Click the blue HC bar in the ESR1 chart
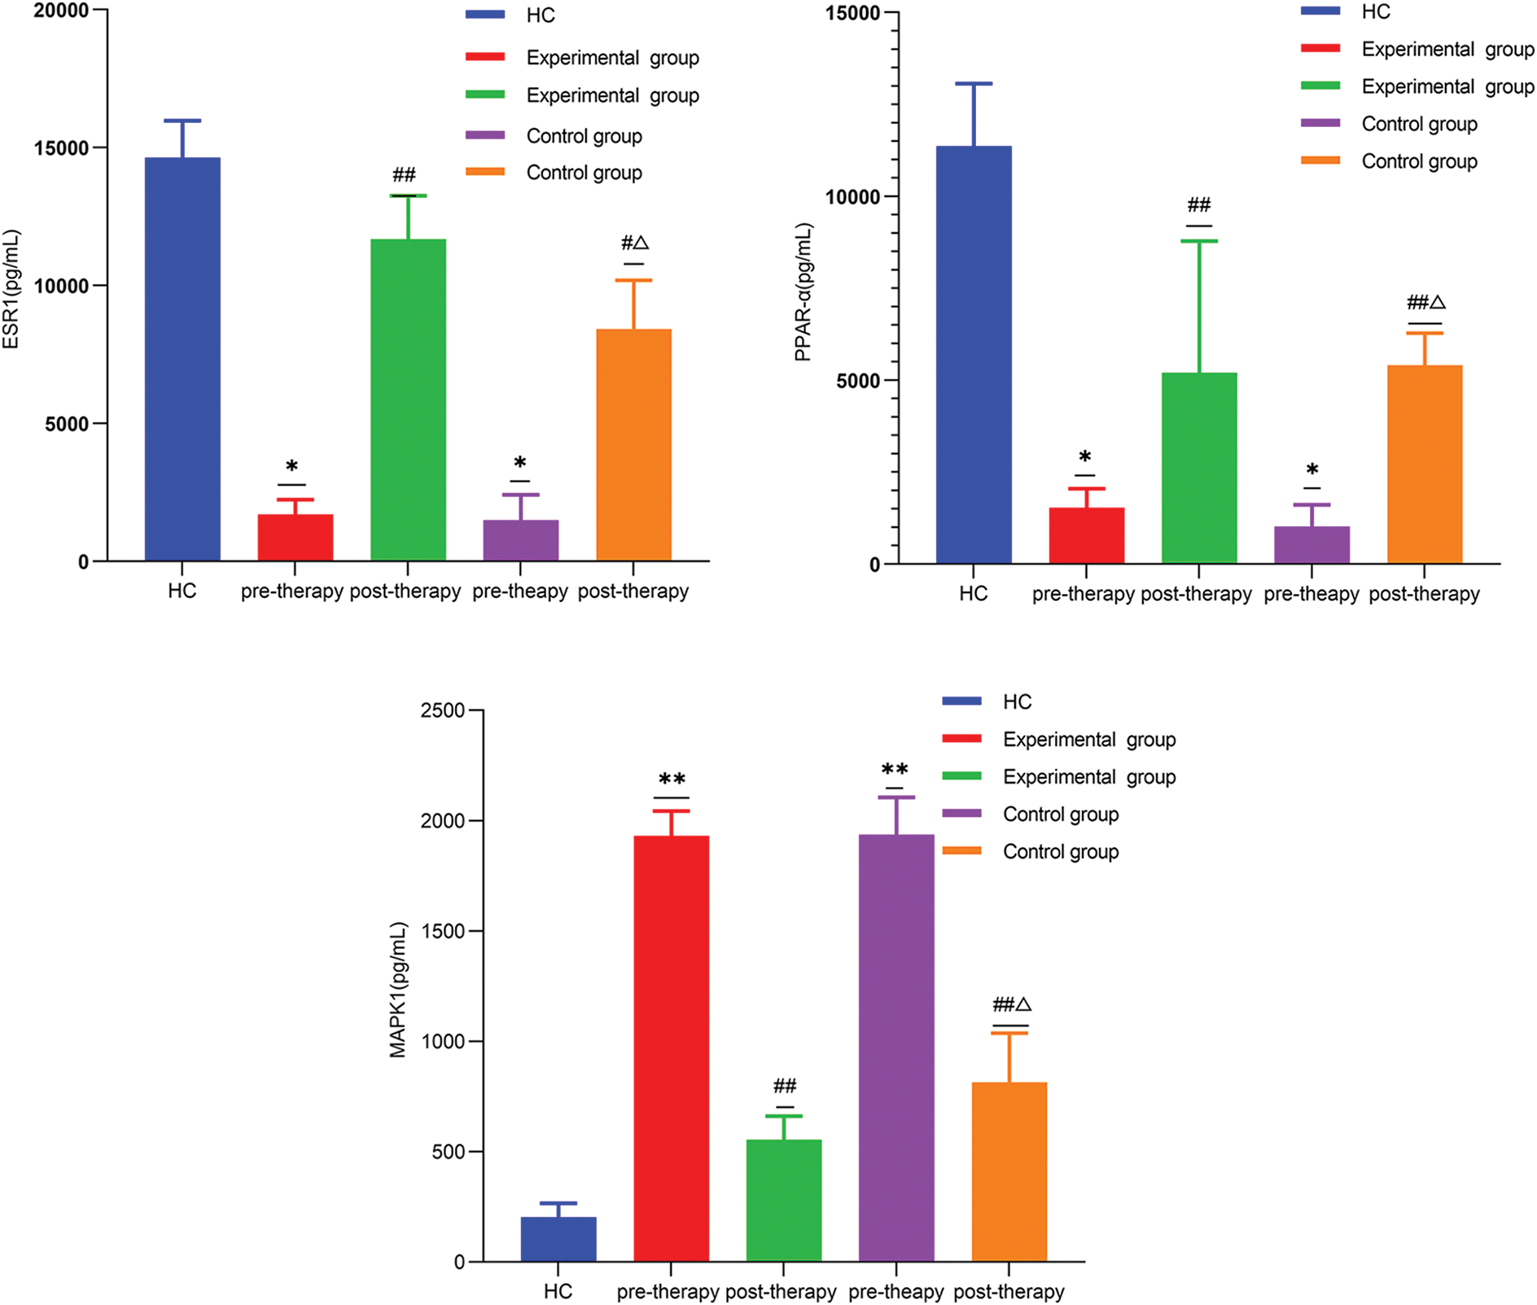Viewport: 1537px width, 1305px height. click(182, 358)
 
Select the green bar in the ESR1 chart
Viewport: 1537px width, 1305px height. click(408, 399)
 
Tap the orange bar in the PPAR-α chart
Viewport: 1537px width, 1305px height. click(1425, 464)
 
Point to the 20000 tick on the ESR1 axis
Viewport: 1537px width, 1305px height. click(61, 11)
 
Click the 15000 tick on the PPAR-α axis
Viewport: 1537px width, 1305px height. click(852, 13)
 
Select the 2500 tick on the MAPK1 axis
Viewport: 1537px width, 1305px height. click(442, 711)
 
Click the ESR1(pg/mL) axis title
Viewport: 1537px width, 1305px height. click(11, 290)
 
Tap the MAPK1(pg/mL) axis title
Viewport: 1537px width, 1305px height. click(397, 990)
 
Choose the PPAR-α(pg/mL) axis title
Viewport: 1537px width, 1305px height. click(804, 292)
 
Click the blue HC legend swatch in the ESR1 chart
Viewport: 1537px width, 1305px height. click(485, 15)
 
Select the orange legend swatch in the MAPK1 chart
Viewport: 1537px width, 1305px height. click(961, 851)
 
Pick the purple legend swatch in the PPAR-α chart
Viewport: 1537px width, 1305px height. click(1320, 124)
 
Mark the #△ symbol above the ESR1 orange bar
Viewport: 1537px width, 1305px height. click(634, 243)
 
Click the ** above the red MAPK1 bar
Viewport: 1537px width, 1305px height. click(672, 779)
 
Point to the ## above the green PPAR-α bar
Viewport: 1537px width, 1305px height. click(1198, 204)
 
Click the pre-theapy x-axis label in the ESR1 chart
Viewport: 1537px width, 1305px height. click(520, 591)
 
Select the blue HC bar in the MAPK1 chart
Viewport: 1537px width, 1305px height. click(558, 1239)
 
